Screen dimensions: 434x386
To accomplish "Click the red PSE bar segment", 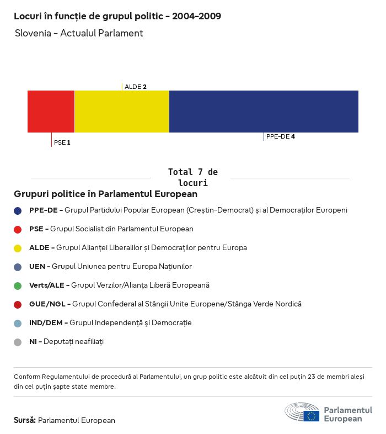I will [x=51, y=112].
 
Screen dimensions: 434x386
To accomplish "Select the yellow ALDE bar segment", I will [x=121, y=112].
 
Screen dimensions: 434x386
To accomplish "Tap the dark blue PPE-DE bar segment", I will [x=264, y=112].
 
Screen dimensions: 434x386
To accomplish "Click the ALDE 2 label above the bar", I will [x=136, y=87].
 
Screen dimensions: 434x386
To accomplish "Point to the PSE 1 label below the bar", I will [x=62, y=142].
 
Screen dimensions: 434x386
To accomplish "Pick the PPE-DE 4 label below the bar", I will [x=280, y=136].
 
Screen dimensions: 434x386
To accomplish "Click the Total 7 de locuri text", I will [x=192, y=177].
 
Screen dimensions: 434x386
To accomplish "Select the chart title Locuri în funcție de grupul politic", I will [x=117, y=16].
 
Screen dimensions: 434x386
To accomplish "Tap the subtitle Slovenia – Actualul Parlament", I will [x=79, y=33].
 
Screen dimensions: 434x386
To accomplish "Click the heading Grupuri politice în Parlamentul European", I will [x=105, y=194].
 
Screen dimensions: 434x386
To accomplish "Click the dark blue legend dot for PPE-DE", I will [x=18, y=210].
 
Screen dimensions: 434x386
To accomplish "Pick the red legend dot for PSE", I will [x=18, y=229].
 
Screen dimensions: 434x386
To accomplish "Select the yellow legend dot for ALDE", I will [x=18, y=248].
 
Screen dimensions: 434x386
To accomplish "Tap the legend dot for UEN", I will [x=18, y=267].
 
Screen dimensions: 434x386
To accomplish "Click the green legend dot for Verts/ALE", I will [x=18, y=285].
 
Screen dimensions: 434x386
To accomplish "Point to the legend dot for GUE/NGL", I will [x=18, y=304].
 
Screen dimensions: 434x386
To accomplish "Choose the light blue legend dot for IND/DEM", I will [x=18, y=323].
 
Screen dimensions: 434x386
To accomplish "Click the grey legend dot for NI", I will [x=18, y=342].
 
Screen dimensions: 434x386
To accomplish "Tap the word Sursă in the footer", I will [x=25, y=420].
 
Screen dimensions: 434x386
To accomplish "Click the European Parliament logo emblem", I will [x=302, y=412].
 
